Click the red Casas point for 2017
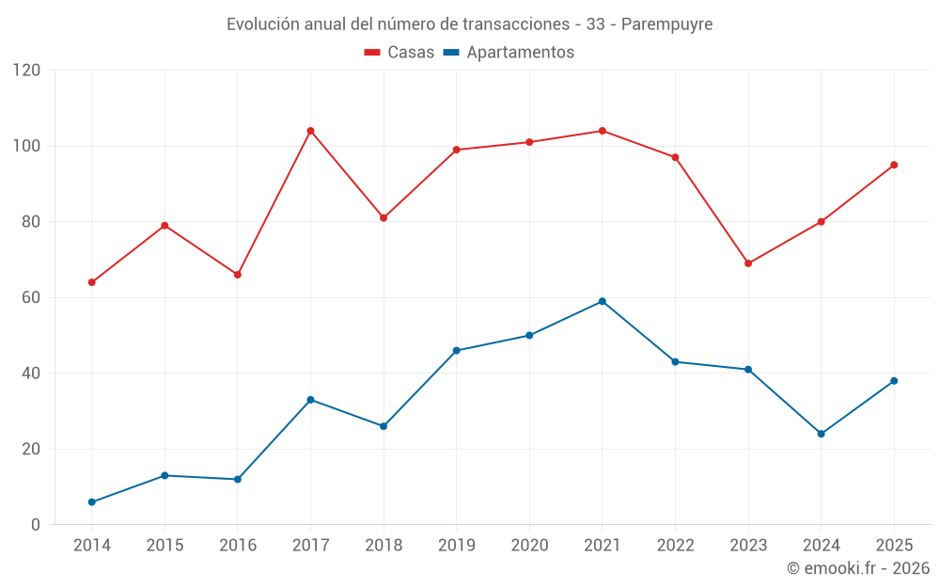(x=310, y=131)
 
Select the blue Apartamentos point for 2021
(x=603, y=301)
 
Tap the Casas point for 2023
(x=748, y=263)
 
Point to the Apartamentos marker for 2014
(x=92, y=502)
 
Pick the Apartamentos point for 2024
(x=822, y=434)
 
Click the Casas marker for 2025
(x=894, y=165)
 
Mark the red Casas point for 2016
(x=238, y=275)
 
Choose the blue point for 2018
(x=384, y=426)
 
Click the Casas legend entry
(x=399, y=52)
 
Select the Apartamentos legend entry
(x=509, y=52)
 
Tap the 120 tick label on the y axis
(x=26, y=71)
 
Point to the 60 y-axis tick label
(x=31, y=297)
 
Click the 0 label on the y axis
(x=36, y=525)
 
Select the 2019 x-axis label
(x=456, y=545)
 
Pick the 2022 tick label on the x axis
(x=676, y=545)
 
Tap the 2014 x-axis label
(x=92, y=545)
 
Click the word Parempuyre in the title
(x=666, y=24)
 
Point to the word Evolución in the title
(x=262, y=24)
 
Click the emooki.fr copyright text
(x=858, y=567)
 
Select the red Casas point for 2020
(x=529, y=142)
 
